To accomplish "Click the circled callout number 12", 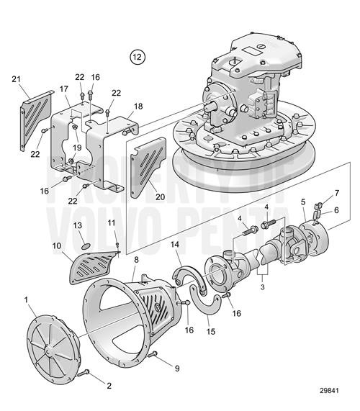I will (x=137, y=55).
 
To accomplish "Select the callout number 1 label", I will (x=27, y=299).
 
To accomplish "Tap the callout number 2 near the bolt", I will (x=109, y=386).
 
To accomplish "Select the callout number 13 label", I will (x=78, y=225).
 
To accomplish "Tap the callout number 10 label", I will (x=57, y=246).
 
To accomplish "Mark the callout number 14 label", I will (x=174, y=245).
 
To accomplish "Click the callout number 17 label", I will (x=63, y=89).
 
